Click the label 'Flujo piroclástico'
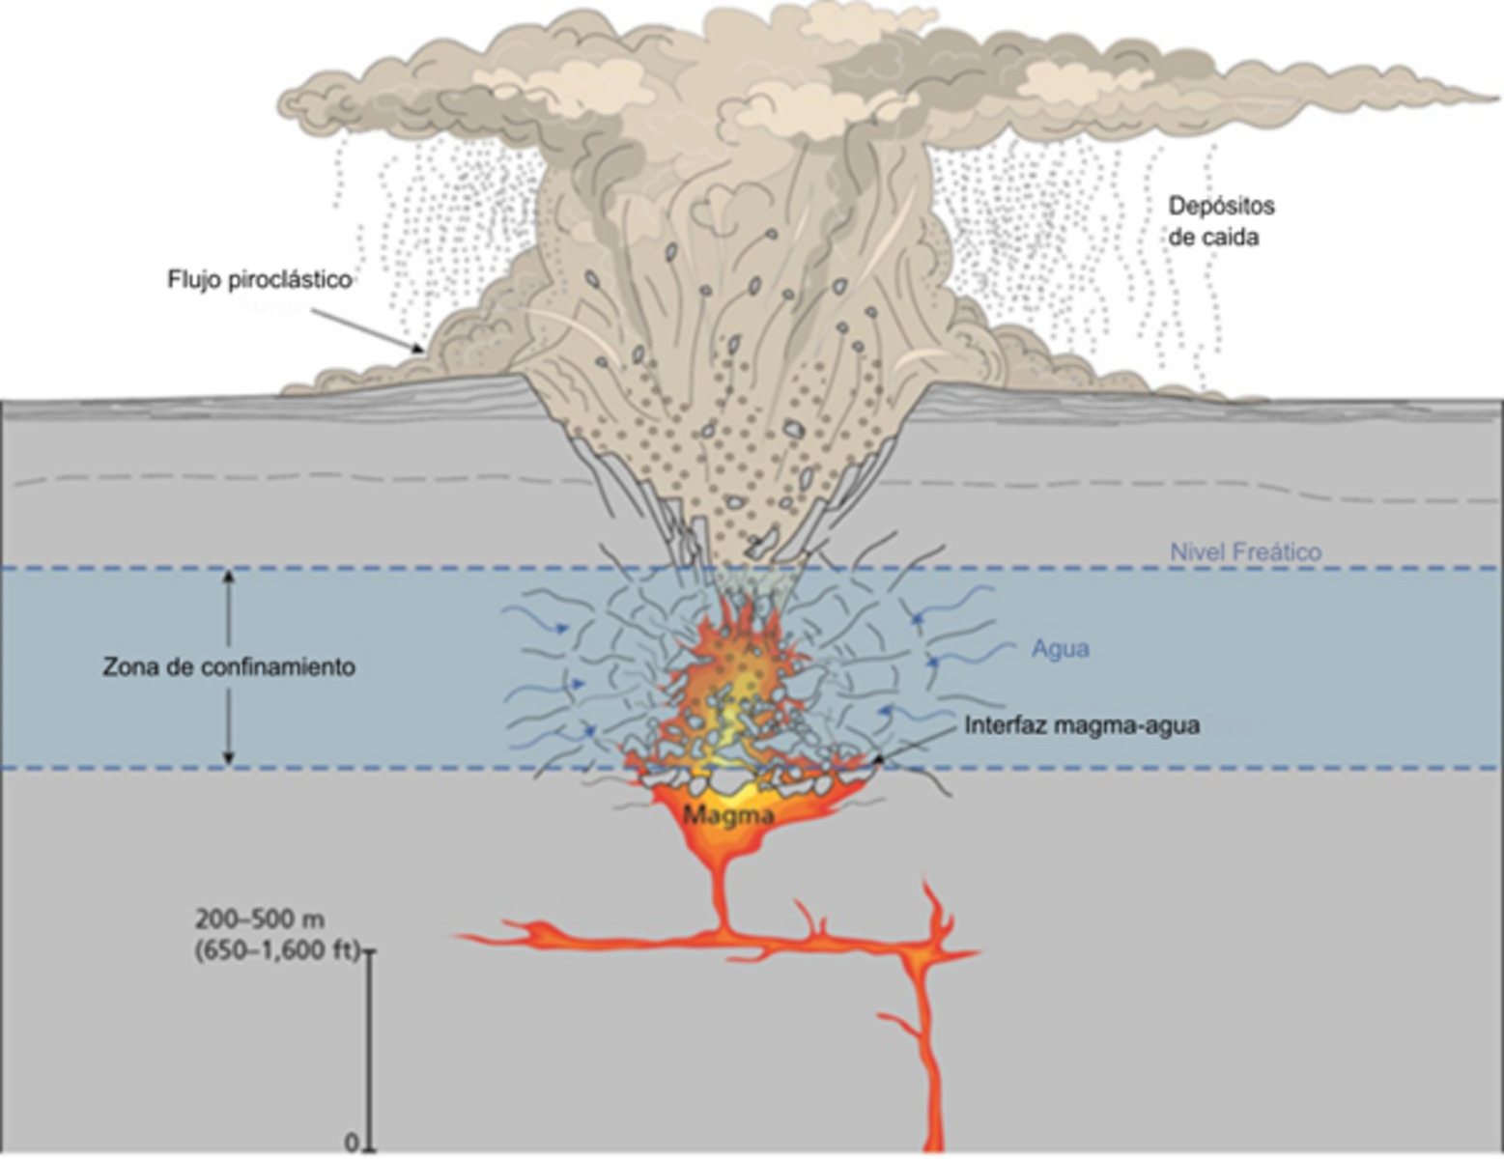(259, 280)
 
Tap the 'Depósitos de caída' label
(1221, 221)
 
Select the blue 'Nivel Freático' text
(1245, 552)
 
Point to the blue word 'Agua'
(1060, 649)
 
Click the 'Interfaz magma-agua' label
(1082, 725)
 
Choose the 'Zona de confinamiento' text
(229, 667)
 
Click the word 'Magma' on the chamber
(728, 816)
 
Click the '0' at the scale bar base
(352, 1143)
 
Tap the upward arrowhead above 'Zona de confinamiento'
(229, 577)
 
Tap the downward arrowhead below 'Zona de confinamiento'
(229, 758)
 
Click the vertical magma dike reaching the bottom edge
(932, 1082)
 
